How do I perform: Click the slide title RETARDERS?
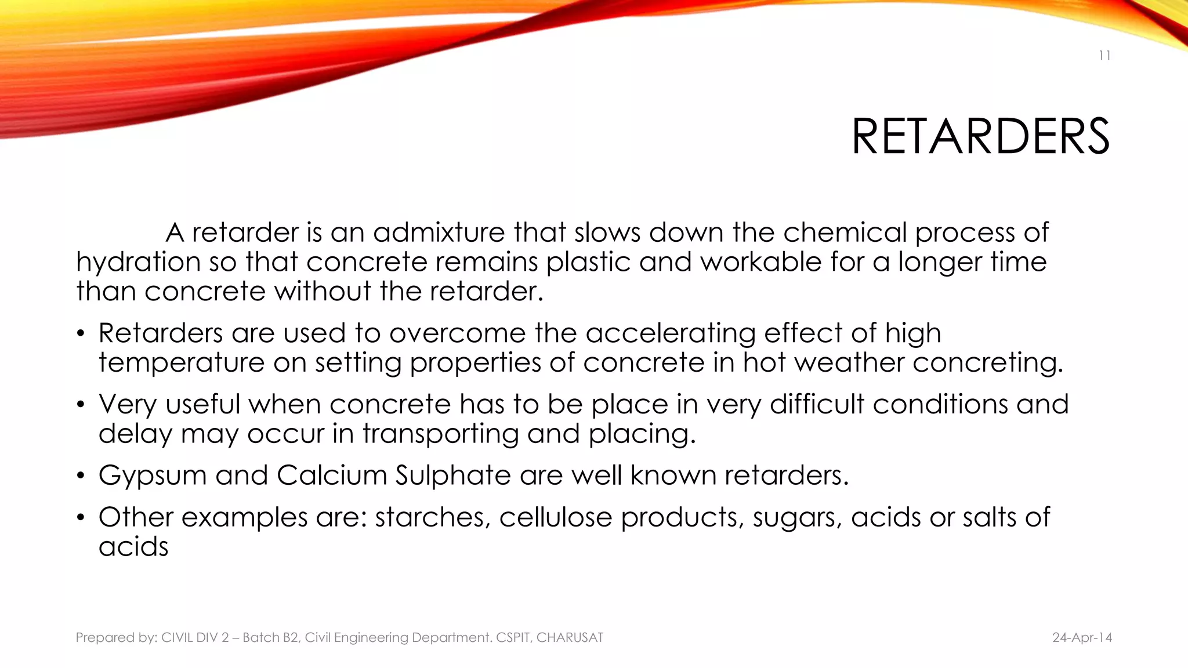pos(980,137)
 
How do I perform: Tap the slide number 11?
pos(1104,56)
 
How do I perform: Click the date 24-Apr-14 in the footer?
pos(1082,638)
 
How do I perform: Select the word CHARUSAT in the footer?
pos(570,638)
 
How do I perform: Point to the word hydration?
pos(138,262)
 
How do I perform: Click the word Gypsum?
pos(153,475)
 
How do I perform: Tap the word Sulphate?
pos(454,475)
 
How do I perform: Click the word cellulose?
pos(555,517)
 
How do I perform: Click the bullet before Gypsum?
pos(81,476)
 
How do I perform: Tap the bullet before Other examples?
pos(81,518)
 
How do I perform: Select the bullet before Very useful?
pos(81,405)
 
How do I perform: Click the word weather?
pos(849,362)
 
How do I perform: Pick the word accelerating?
pos(670,333)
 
